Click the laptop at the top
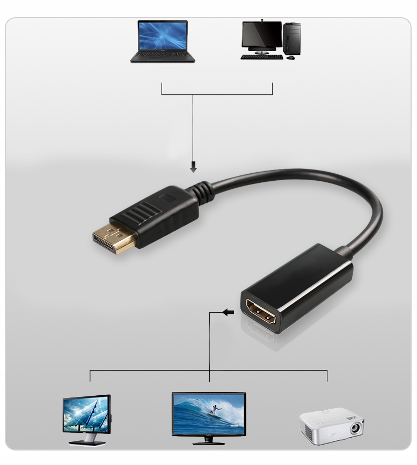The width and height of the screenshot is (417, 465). (163, 41)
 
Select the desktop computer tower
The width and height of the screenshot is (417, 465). (292, 38)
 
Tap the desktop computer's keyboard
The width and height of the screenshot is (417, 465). (261, 57)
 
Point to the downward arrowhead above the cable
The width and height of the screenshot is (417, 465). (193, 168)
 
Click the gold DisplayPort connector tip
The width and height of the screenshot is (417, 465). (113, 239)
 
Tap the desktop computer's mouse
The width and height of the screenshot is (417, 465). (290, 57)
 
